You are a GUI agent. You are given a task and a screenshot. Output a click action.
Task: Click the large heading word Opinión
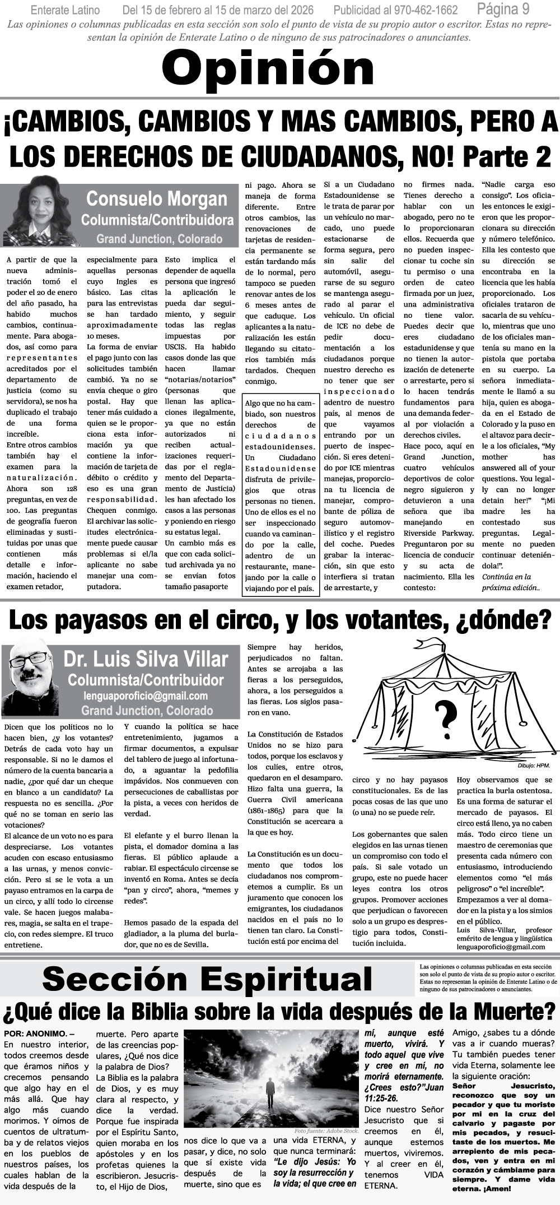(x=268, y=68)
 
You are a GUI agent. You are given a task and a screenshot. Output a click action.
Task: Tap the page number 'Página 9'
(x=503, y=9)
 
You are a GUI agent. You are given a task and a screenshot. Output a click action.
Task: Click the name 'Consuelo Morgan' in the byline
(x=157, y=199)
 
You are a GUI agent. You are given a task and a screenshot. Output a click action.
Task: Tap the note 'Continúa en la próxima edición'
(x=511, y=582)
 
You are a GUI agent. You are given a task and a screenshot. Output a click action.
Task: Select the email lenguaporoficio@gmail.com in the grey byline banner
(x=146, y=696)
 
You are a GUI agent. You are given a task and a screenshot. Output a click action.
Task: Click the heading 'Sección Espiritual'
(x=207, y=979)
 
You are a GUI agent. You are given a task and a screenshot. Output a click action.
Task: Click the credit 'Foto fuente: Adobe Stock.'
(x=326, y=1131)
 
